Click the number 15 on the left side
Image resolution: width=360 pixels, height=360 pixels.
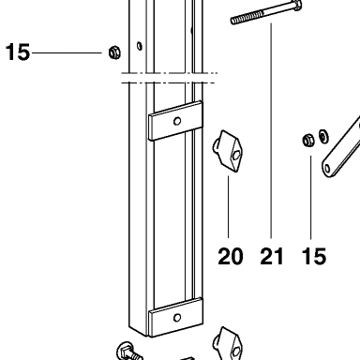tap(18, 52)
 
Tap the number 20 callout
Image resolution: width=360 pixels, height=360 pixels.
tap(231, 257)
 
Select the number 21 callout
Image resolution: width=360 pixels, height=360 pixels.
tap(272, 257)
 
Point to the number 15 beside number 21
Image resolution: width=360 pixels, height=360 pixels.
tap(314, 257)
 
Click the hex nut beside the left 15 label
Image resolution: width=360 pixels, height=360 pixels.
tap(114, 52)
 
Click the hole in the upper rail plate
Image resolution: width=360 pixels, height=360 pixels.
tap(177, 121)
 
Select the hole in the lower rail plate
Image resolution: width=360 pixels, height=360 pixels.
tap(177, 318)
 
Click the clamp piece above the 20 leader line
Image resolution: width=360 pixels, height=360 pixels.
tap(228, 151)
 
